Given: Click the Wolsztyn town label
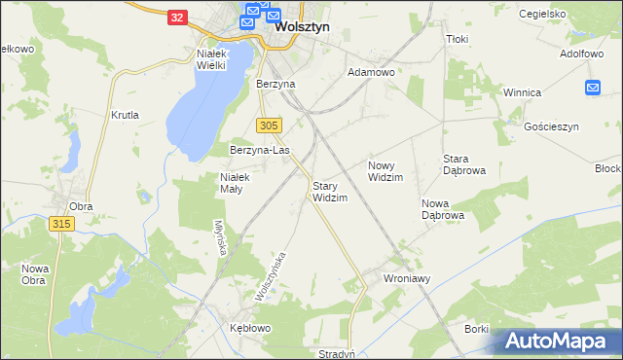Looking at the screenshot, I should pyautogui.click(x=302, y=28).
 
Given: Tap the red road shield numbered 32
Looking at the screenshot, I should pyautogui.click(x=176, y=18).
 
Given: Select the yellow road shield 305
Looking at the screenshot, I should pyautogui.click(x=271, y=126).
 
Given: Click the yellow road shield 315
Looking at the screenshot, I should pyautogui.click(x=61, y=224).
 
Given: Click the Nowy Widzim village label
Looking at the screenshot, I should pyautogui.click(x=385, y=171).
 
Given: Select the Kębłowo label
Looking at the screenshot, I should pyautogui.click(x=249, y=328).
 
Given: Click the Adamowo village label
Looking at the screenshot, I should pyautogui.click(x=371, y=73).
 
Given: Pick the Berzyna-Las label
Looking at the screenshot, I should pyautogui.click(x=260, y=151).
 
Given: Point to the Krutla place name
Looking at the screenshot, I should pyautogui.click(x=126, y=115).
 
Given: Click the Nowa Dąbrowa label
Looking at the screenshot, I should pyautogui.click(x=442, y=209).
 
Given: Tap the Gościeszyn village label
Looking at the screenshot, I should pyautogui.click(x=551, y=127).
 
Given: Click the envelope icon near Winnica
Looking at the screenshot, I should pyautogui.click(x=594, y=88).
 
